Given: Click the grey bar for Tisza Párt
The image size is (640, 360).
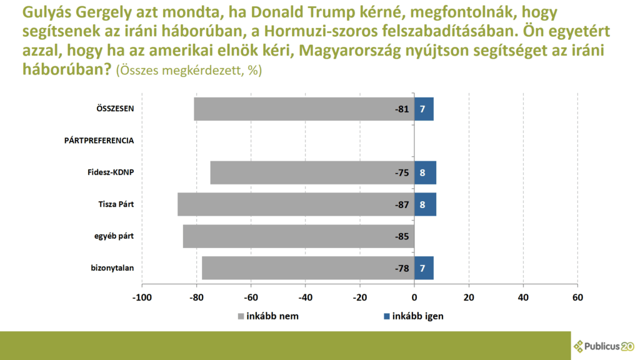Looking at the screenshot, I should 294,204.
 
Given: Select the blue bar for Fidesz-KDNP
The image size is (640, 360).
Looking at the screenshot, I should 425,172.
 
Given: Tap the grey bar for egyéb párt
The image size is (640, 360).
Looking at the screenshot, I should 297,236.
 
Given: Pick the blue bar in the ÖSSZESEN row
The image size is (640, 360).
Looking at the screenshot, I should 424,109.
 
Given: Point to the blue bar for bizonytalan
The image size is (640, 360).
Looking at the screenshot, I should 424,268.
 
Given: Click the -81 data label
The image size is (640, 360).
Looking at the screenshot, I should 401,109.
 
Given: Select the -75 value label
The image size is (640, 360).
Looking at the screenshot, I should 401,173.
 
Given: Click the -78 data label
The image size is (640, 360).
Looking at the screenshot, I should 401,269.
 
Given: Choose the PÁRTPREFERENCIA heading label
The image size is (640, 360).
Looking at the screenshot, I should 99,141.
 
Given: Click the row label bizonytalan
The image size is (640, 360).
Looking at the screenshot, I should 112,269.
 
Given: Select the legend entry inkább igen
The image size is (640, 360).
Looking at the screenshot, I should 412,316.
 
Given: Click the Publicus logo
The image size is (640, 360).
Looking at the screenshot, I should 603,346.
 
